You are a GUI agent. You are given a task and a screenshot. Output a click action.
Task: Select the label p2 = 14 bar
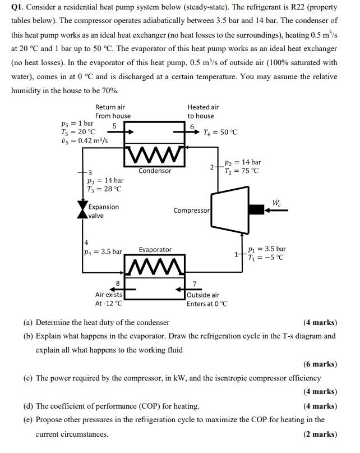[x=242, y=162]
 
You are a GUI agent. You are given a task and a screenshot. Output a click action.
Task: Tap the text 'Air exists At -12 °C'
[x=108, y=299]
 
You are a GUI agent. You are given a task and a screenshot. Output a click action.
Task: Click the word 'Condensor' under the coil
[x=155, y=171]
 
